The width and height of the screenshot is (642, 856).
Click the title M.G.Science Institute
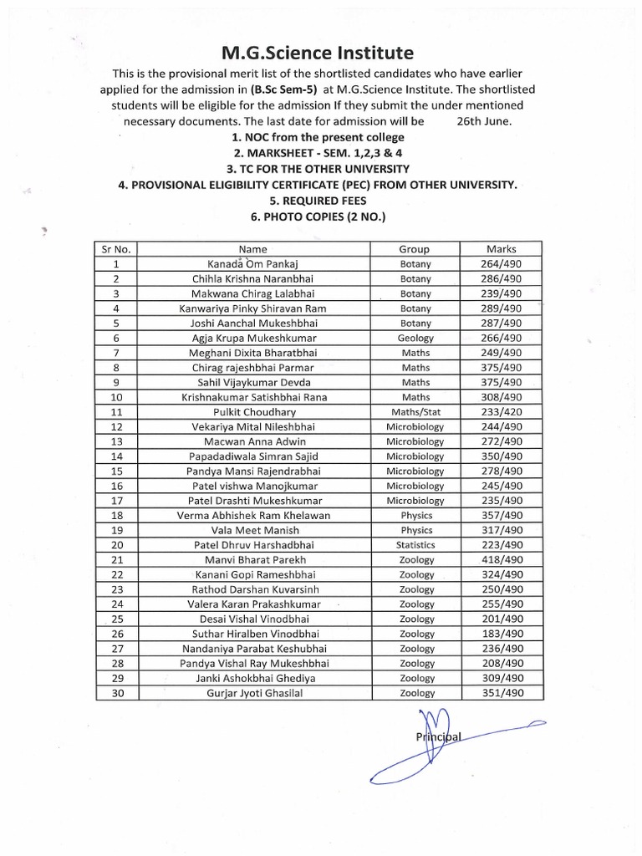(x=317, y=54)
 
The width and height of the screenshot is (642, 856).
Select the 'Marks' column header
(x=502, y=249)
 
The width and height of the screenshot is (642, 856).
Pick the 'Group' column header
(x=415, y=249)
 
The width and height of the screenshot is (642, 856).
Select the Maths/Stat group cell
(x=415, y=412)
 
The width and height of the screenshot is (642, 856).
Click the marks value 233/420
(x=502, y=412)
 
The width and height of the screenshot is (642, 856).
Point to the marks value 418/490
(x=502, y=559)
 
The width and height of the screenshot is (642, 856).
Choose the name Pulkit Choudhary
(x=252, y=412)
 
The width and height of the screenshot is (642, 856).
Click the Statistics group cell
(x=415, y=545)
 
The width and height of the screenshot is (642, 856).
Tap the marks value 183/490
(x=502, y=634)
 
